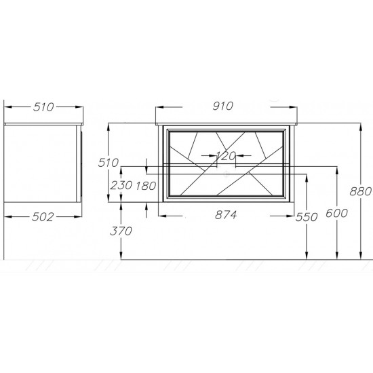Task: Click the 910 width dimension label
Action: (x=223, y=106)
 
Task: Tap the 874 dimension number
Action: (x=226, y=215)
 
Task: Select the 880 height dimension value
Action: (x=360, y=191)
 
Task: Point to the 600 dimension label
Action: (x=336, y=213)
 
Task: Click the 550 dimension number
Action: (x=307, y=217)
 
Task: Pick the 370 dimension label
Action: (x=121, y=231)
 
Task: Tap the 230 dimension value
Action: (x=121, y=185)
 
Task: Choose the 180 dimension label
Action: (x=146, y=186)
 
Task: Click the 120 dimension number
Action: (x=226, y=156)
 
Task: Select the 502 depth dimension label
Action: (x=43, y=217)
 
